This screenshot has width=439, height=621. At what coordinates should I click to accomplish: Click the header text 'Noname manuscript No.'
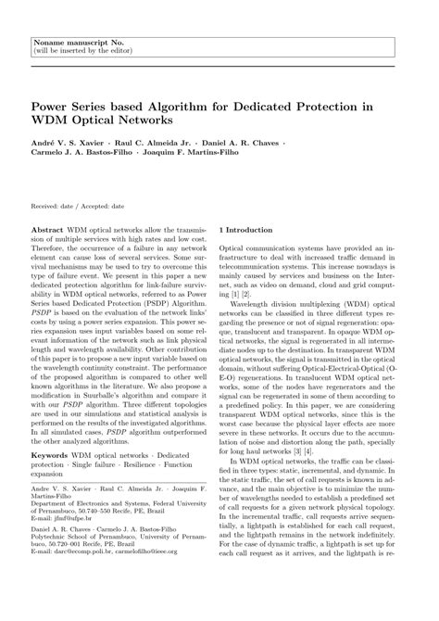[71, 18]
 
